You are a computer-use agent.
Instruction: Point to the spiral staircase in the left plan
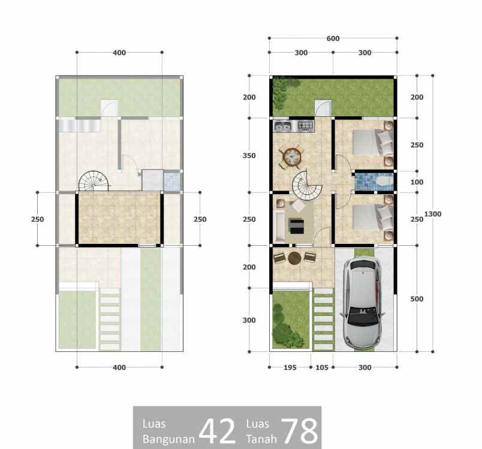point(94,180)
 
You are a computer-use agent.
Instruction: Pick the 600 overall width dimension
point(333,38)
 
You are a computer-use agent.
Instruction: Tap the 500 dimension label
point(417,299)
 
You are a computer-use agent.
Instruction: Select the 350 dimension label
point(249,156)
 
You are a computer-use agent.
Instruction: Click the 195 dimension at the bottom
point(290,367)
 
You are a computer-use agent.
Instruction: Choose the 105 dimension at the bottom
point(321,367)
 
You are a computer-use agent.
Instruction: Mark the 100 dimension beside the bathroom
point(417,182)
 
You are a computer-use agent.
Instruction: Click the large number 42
point(217,430)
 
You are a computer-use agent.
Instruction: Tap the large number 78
point(299,430)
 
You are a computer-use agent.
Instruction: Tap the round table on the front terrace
point(294,258)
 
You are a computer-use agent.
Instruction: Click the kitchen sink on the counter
point(283,126)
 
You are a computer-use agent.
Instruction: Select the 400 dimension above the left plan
point(119,53)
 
